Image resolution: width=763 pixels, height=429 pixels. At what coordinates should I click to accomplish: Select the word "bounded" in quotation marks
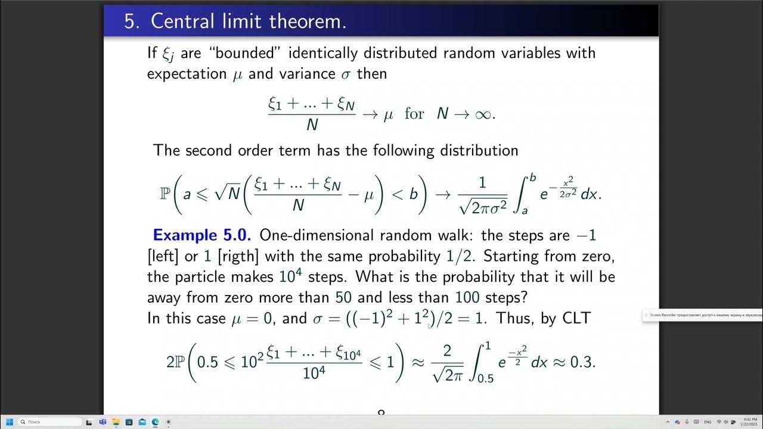click(249, 52)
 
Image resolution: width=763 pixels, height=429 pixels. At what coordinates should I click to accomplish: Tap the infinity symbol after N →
click(482, 113)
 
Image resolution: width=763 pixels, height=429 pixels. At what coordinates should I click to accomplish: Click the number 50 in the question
click(343, 297)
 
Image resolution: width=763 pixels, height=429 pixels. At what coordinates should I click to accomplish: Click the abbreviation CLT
click(576, 318)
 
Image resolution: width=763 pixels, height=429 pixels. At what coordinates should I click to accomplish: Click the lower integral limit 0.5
click(485, 377)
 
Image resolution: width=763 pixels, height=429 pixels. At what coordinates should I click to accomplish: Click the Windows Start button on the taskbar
click(10, 422)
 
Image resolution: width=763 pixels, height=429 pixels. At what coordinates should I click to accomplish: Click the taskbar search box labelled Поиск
click(50, 422)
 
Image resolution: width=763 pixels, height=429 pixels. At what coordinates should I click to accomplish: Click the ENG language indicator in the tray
click(708, 422)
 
